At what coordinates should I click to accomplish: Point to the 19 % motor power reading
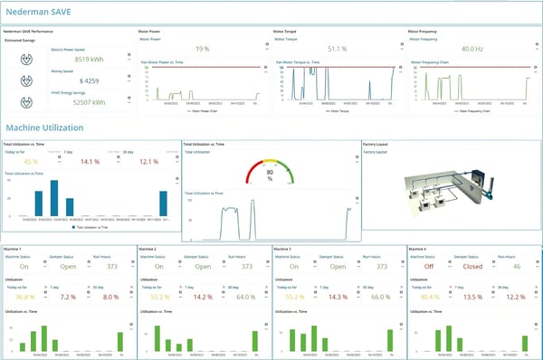coord(201,49)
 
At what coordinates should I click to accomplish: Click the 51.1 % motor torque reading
coord(337,49)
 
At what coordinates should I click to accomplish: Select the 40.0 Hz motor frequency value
coord(472,49)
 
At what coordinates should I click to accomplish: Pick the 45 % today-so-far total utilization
coord(31,162)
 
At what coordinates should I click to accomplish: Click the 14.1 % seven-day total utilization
coord(90,162)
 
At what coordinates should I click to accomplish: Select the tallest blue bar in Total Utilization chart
coord(53,197)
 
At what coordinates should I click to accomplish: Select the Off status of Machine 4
coord(428,267)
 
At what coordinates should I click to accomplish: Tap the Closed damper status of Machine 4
coord(472,267)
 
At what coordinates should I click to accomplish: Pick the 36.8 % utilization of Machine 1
coord(24,296)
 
